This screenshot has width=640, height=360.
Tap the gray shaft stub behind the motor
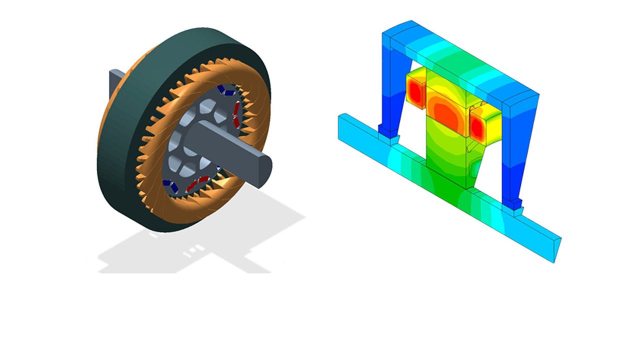coord(116,82)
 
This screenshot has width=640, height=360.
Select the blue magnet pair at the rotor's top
coord(224,91)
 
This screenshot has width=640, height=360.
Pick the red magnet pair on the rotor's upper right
coord(235,112)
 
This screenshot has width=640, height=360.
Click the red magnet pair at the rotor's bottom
coord(197,183)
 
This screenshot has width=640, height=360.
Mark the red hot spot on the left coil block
coord(414,90)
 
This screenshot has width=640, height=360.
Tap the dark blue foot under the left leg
coord(387,130)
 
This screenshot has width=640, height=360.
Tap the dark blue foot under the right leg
coord(513,202)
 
